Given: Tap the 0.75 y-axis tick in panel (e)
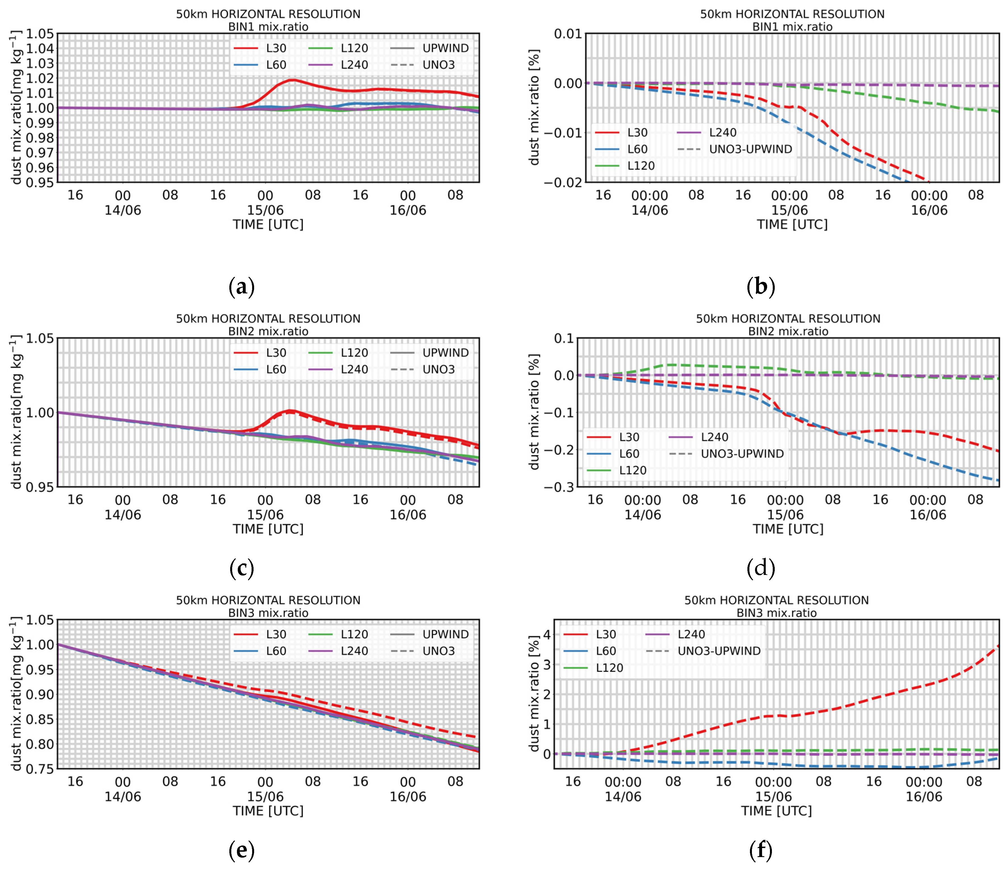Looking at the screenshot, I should pos(40,769).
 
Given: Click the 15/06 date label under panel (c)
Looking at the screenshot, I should pos(265,514).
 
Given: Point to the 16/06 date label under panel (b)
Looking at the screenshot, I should pos(929,210).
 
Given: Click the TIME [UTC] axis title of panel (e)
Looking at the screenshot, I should pos(268,811).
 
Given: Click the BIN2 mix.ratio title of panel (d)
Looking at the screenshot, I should pos(788,331).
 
